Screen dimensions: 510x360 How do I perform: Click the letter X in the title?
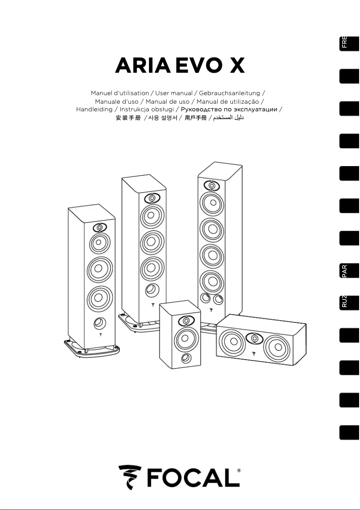tap(234, 66)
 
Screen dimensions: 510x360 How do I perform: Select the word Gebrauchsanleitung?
tap(229, 93)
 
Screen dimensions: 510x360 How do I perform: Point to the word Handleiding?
tap(94, 110)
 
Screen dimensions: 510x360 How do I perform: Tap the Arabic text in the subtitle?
tap(228, 118)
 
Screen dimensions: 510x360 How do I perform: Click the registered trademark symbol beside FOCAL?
tap(238, 471)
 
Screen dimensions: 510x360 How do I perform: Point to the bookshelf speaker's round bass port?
tap(184, 358)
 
